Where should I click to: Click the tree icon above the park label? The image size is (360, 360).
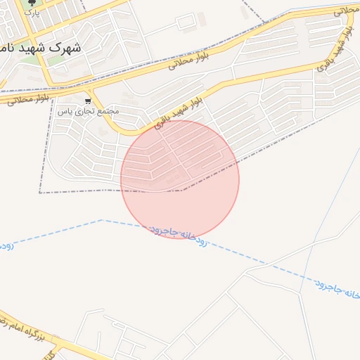pyautogui.click(x=30, y=3)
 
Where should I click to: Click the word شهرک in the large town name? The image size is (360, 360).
pyautogui.click(x=69, y=48)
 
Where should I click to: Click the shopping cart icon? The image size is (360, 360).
pyautogui.click(x=88, y=101)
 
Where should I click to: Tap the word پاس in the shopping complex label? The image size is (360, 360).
pyautogui.click(x=65, y=112)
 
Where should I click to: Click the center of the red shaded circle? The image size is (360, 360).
pyautogui.click(x=180, y=179)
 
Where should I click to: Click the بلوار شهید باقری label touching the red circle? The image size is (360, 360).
pyautogui.click(x=171, y=115)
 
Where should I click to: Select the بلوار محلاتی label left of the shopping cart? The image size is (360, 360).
pyautogui.click(x=28, y=99)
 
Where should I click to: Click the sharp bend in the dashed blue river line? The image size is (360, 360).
pyautogui.click(x=102, y=220)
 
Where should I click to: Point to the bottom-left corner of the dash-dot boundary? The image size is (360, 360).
pyautogui.click(x=40, y=192)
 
